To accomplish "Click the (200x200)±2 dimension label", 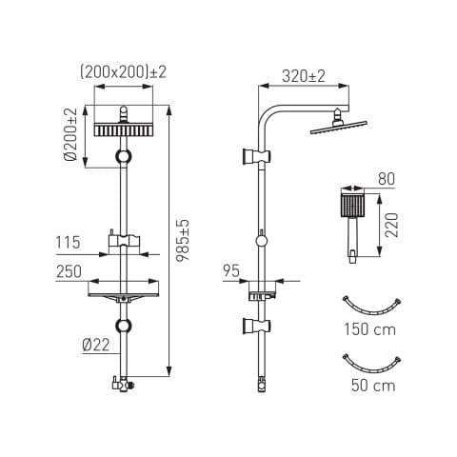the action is (123, 72).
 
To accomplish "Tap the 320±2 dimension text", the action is (304, 76).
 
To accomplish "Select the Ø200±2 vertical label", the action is (70, 134).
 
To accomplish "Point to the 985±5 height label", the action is (183, 240).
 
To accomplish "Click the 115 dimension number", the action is (68, 243).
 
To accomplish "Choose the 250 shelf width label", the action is (69, 271).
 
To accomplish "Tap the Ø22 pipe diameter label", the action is (96, 345).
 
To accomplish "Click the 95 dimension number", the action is (231, 271).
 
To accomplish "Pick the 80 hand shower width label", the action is (387, 179).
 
